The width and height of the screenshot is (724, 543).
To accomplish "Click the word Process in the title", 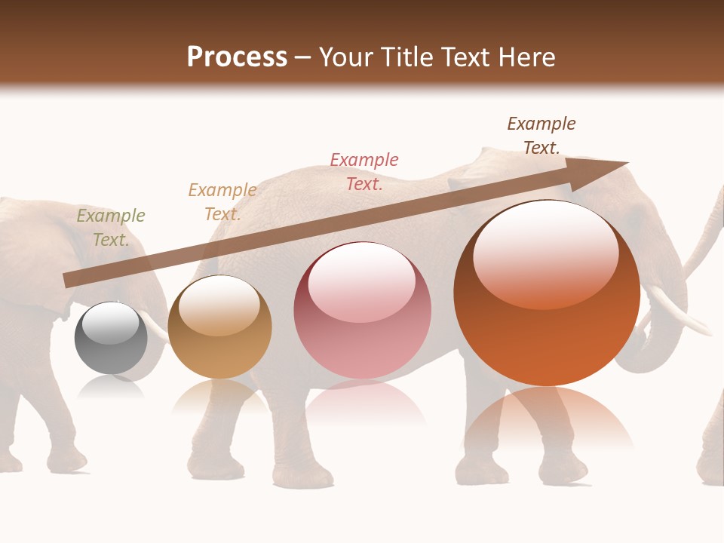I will click(x=237, y=57).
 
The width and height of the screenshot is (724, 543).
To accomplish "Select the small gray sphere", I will click(x=111, y=338).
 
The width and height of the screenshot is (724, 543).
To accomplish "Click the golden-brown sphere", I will click(x=219, y=327).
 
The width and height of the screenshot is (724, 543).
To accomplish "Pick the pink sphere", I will click(x=363, y=311).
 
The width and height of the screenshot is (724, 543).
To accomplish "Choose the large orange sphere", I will click(x=547, y=294).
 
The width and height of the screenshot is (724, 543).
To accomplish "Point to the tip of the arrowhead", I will click(x=627, y=162).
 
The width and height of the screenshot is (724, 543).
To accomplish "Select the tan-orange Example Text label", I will click(x=222, y=202).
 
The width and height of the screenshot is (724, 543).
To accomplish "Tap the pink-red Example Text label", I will click(x=364, y=171).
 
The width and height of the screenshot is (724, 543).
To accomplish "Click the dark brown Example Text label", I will click(x=541, y=136).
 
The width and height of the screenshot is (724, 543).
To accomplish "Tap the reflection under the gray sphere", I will click(x=111, y=387).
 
